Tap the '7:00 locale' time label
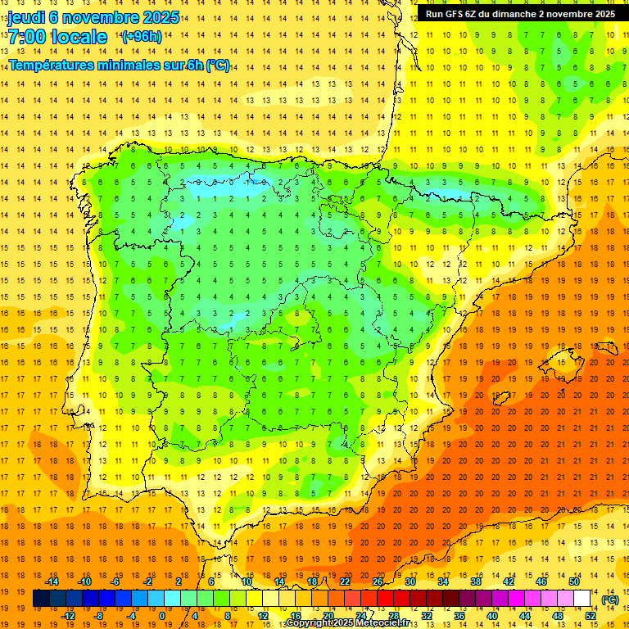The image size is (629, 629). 57,37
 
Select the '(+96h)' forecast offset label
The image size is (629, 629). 141,37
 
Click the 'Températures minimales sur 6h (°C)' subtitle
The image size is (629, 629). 119,66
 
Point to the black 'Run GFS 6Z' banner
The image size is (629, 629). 520,14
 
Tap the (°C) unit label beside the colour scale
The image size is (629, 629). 609,600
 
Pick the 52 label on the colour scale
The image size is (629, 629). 591,616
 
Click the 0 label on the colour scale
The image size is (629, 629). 162,616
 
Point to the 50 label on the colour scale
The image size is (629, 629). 574,581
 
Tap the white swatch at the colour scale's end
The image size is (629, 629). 582,599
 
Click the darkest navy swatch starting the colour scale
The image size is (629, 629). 41,599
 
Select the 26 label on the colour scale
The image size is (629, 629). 378,581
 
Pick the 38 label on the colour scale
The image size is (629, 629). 476,581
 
